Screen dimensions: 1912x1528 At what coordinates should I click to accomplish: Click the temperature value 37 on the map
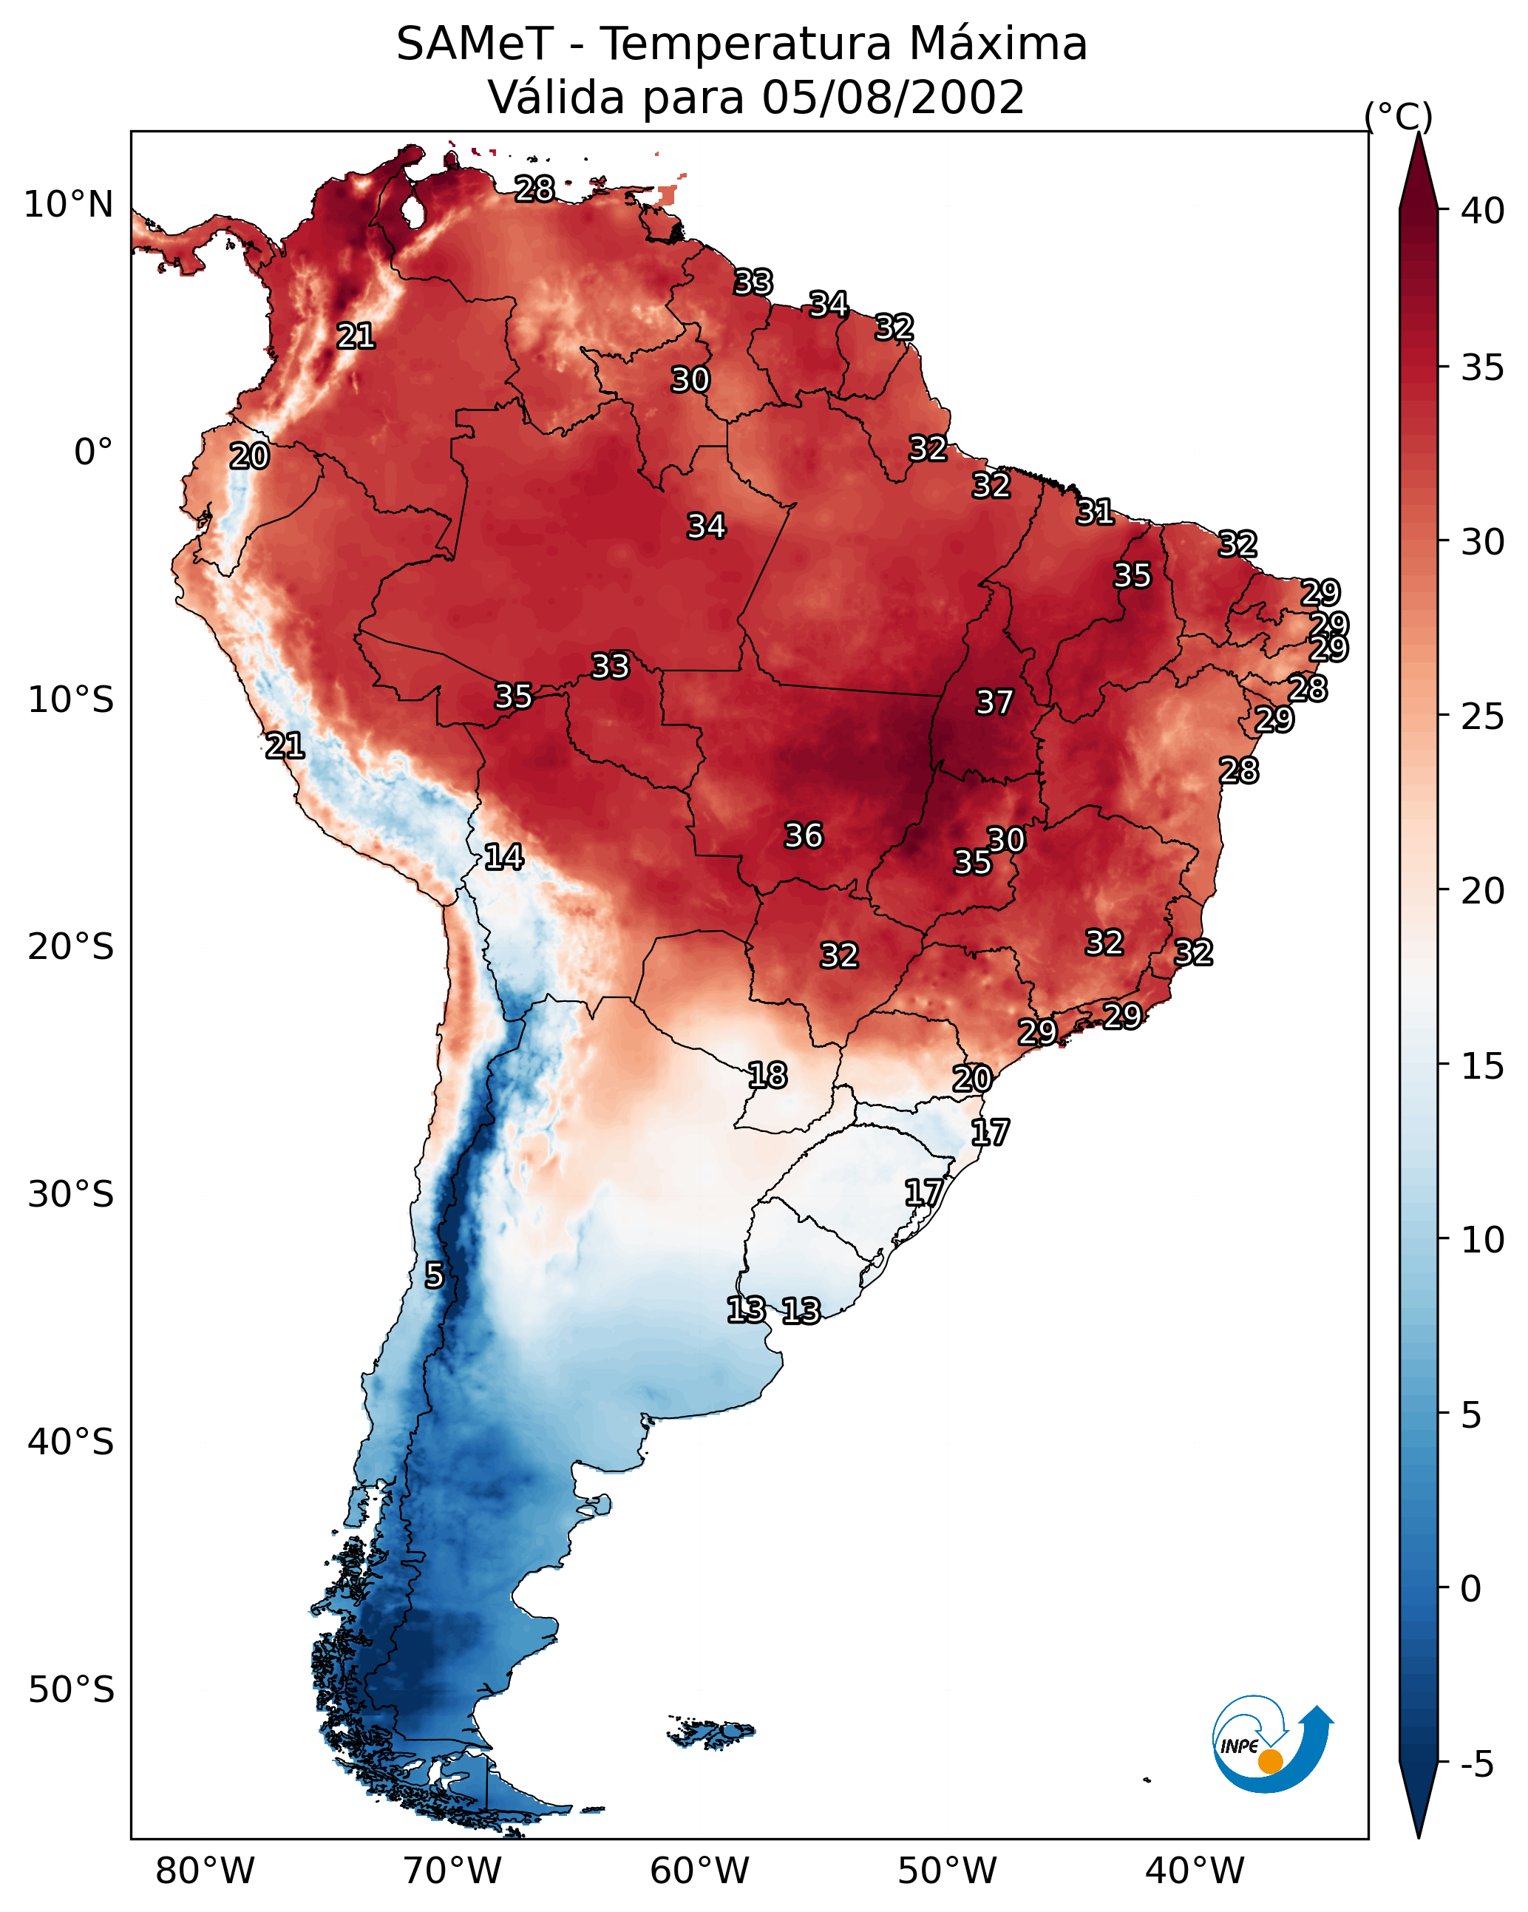[x=994, y=702]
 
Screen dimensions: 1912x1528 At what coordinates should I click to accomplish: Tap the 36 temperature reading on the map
[x=804, y=835]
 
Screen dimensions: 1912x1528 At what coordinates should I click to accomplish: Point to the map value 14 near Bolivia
[x=503, y=857]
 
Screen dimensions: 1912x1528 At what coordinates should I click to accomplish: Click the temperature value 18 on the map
[x=767, y=1076]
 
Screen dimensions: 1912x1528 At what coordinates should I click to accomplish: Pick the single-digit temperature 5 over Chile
[x=434, y=1275]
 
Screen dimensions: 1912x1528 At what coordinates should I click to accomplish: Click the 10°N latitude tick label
[x=68, y=205]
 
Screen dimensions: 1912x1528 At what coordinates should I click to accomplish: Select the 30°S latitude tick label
[x=71, y=1195]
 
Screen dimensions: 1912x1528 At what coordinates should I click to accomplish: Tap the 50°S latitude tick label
[x=71, y=1690]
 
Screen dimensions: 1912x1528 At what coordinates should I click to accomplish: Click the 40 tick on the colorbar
[x=1483, y=211]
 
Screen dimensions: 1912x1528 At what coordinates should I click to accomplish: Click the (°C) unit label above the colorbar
[x=1399, y=116]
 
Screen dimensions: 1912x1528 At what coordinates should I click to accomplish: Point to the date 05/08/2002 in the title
[x=892, y=98]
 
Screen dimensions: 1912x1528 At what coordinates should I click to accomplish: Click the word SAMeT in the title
[x=475, y=44]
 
